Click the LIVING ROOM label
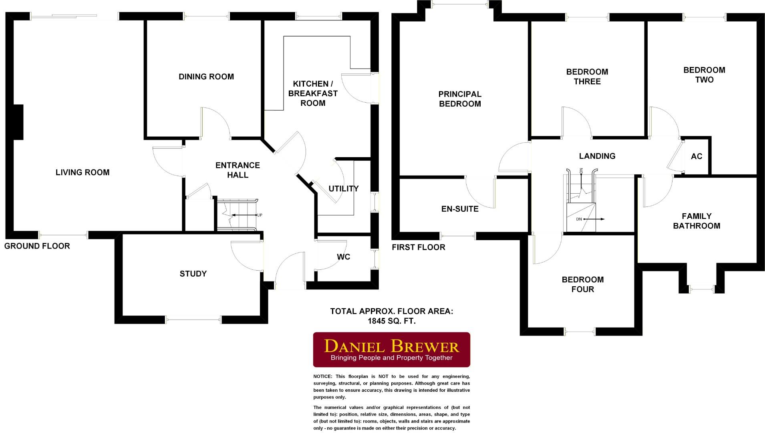coord(83,172)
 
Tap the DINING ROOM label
coord(206,77)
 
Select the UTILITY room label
coord(343,188)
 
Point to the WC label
coord(343,257)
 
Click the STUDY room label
coord(193,274)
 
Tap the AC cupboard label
coord(696,156)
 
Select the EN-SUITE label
coord(459,209)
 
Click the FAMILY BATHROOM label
coord(696,221)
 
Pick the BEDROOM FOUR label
coord(582,284)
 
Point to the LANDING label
coord(597,156)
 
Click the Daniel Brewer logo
coord(391,350)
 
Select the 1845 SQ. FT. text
coord(391,321)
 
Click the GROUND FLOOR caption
coord(37,246)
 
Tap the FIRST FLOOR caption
coord(418,247)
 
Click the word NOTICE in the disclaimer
coord(322,376)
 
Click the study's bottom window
coord(193,320)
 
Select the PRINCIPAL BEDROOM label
coord(459,99)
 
